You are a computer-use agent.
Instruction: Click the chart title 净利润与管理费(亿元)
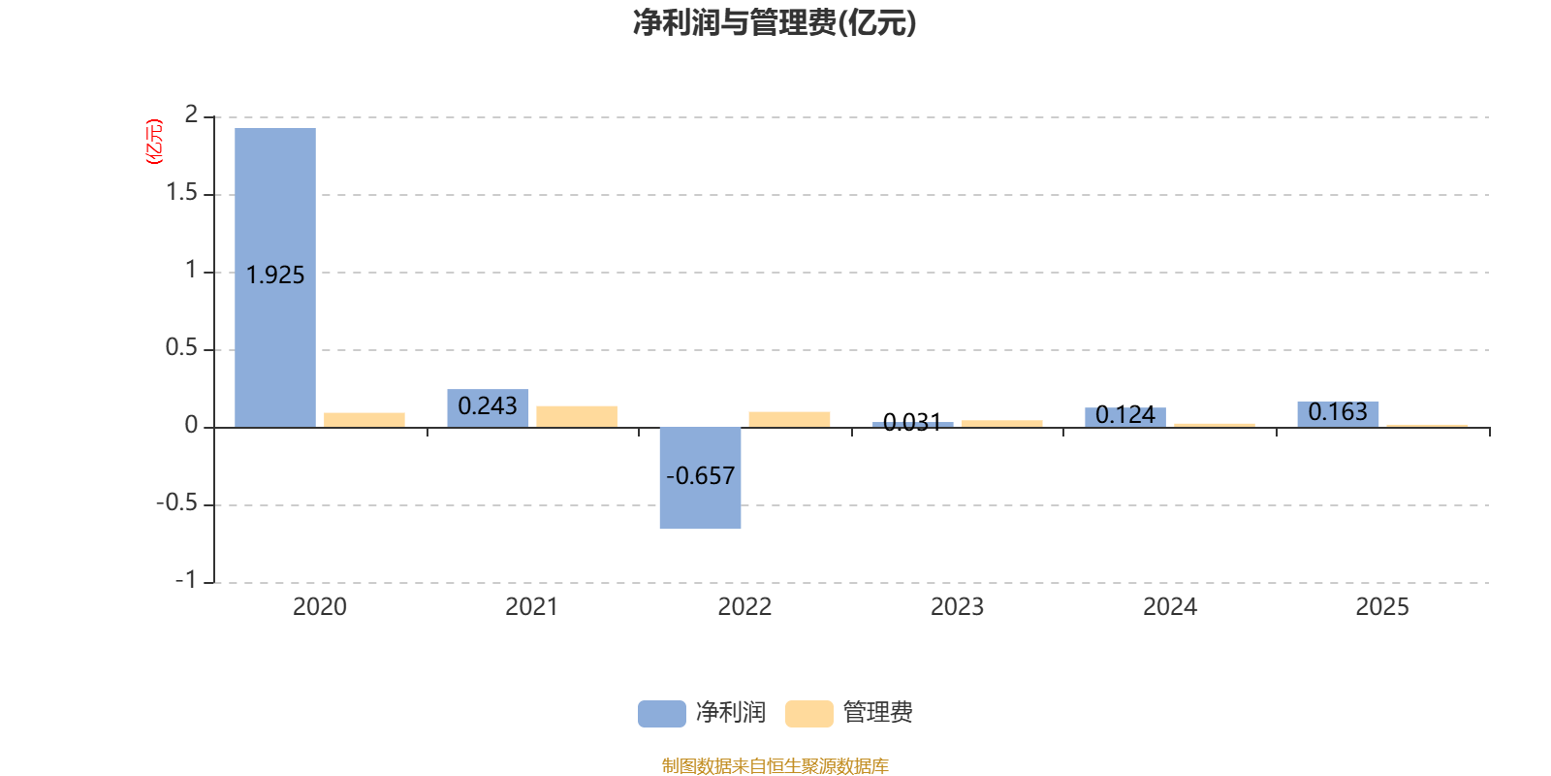tap(775, 22)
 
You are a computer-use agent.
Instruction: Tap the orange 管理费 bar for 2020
tap(364, 420)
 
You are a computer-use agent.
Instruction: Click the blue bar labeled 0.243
tap(488, 407)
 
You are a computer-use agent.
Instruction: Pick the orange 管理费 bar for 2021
tap(577, 416)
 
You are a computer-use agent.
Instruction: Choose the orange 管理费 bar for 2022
tap(789, 419)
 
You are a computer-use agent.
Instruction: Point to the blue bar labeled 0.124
tap(1125, 417)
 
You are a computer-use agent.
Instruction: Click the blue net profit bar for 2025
tap(1338, 414)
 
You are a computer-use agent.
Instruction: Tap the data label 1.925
tap(275, 275)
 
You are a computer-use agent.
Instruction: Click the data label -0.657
tap(700, 476)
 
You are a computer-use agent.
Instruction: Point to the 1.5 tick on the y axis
tap(181, 193)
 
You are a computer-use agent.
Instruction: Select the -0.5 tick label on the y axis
tap(176, 503)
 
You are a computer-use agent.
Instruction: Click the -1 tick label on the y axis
tap(185, 580)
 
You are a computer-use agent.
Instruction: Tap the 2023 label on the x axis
tap(957, 607)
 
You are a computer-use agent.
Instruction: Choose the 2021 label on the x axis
tap(531, 607)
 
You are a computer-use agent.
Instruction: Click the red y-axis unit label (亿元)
tap(154, 143)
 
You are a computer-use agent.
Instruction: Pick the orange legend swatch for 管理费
tap(809, 713)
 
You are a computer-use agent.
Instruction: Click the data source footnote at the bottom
tap(775, 766)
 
